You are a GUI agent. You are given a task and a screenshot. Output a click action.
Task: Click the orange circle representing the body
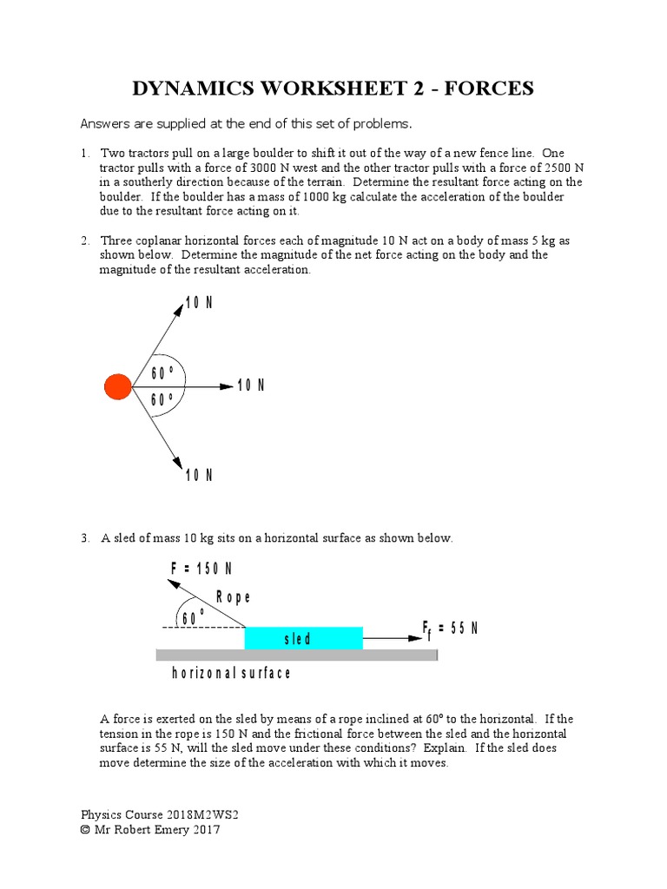[x=117, y=386]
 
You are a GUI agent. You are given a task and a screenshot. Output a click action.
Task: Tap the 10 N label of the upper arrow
[x=199, y=303]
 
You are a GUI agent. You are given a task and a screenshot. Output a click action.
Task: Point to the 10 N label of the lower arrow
[x=199, y=475]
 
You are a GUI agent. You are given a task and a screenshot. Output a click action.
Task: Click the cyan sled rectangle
[x=303, y=638]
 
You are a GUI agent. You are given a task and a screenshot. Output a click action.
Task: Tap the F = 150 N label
[x=201, y=569]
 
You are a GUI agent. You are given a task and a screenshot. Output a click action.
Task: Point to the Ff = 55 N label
[x=450, y=629]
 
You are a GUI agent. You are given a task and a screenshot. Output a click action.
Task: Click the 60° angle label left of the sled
[x=193, y=617]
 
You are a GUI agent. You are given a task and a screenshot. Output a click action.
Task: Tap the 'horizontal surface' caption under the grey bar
[x=231, y=673]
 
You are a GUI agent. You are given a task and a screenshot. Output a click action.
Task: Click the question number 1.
[x=85, y=153]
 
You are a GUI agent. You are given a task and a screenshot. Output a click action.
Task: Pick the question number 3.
[x=85, y=538]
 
